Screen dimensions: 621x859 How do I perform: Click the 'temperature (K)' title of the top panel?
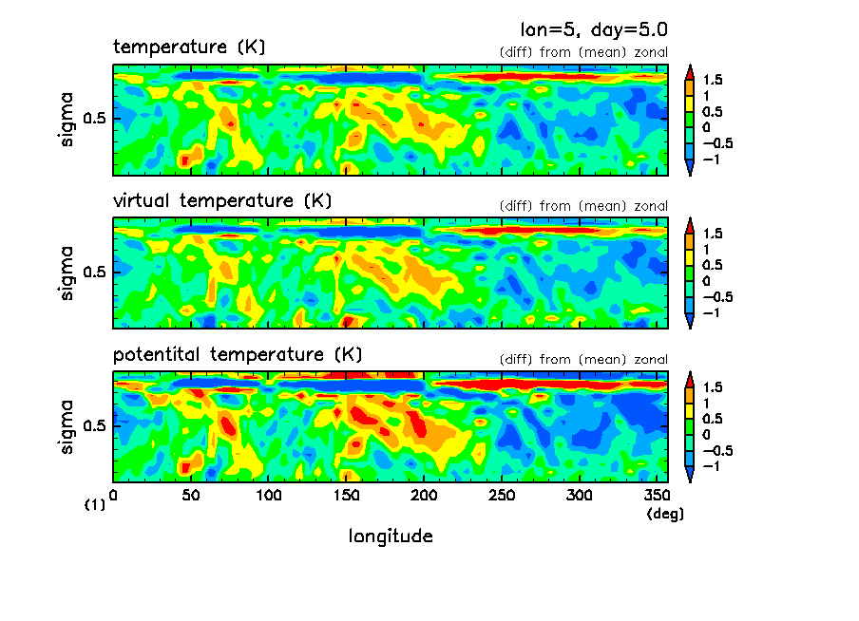click(x=189, y=47)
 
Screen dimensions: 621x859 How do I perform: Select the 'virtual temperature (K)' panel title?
click(x=222, y=200)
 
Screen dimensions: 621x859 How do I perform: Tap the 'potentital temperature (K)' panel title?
click(x=238, y=354)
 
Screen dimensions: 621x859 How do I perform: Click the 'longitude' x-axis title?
click(x=391, y=536)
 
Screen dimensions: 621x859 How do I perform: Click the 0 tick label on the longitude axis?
click(x=113, y=496)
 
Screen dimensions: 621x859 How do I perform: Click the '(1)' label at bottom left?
click(x=94, y=506)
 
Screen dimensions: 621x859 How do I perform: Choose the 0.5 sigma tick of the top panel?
click(x=96, y=120)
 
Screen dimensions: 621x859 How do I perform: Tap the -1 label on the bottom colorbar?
click(x=711, y=466)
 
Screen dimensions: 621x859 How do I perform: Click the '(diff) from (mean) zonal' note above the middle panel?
click(x=583, y=206)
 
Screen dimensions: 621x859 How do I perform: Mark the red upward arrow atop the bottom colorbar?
click(x=690, y=379)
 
